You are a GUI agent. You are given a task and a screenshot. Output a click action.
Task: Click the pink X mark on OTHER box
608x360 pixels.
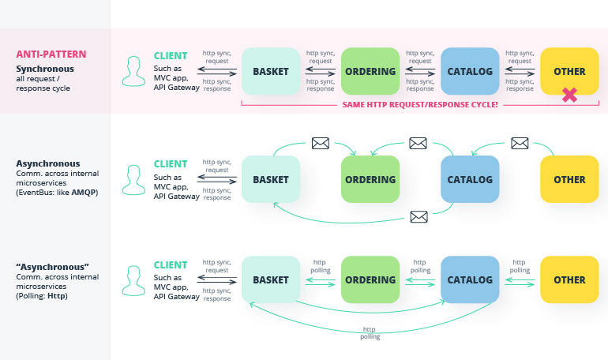[569, 95]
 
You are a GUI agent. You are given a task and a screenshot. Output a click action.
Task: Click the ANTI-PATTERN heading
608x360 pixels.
[51, 54]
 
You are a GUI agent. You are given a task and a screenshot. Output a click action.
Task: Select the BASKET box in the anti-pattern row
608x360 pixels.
[271, 71]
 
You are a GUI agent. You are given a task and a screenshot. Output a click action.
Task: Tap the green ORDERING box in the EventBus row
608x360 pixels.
[370, 179]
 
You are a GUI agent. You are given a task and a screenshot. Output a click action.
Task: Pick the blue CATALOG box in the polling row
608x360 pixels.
[470, 279]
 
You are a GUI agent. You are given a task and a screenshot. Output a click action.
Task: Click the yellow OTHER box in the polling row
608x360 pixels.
[569, 279]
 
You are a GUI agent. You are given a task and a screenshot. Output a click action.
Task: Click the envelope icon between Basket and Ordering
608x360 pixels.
[321, 144]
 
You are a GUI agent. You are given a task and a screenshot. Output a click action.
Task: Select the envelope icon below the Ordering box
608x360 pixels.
[418, 216]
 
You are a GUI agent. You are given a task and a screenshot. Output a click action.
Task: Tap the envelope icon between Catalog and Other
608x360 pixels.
[520, 144]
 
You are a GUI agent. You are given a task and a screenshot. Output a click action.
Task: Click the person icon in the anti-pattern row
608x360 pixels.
[133, 71]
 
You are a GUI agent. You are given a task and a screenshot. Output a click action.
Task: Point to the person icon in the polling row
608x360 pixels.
[133, 280]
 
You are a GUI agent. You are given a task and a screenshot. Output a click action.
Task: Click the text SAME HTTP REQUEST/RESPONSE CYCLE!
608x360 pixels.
[420, 105]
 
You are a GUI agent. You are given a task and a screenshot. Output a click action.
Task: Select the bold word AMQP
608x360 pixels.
[84, 192]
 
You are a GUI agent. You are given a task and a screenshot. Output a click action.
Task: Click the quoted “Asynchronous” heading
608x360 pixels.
[52, 267]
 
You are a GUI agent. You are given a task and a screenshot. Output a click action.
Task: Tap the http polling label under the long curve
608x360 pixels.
[370, 333]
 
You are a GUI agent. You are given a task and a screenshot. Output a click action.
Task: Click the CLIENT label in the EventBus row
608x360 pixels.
[171, 164]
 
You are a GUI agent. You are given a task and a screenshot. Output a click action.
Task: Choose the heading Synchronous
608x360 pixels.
[45, 69]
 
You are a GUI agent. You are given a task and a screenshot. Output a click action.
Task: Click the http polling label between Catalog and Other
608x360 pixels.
[520, 266]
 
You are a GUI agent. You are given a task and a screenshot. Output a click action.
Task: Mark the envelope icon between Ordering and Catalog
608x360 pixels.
[418, 144]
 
